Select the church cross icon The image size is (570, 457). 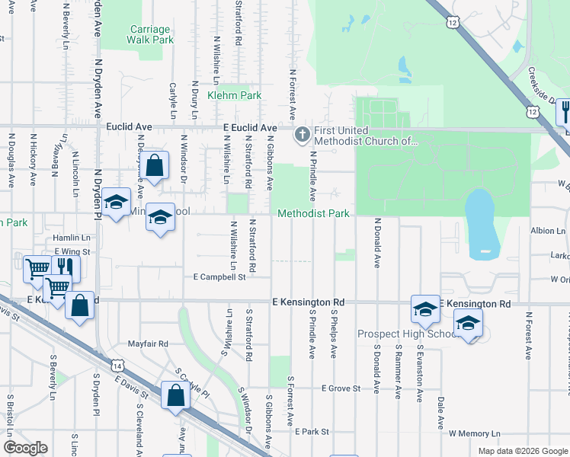coord(302,136)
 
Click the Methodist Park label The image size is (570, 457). coord(313,214)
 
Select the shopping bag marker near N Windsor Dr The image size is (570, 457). coord(154,165)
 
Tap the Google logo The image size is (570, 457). coord(25,448)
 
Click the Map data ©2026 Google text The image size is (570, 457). coord(522,451)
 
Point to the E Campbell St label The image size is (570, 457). coord(219,277)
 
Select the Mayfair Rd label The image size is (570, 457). coord(148,344)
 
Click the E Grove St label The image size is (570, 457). coord(341,388)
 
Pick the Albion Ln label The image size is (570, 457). coord(548,230)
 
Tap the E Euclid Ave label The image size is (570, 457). coord(249,127)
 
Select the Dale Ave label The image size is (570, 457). coord(440,413)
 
